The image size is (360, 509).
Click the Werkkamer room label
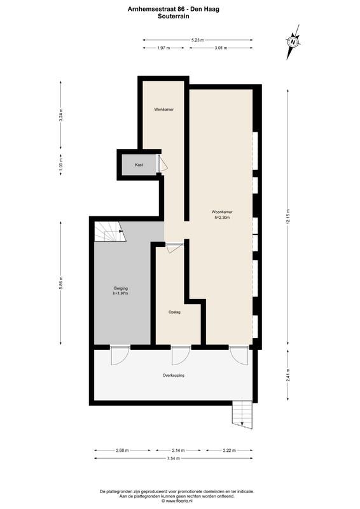pos(163,109)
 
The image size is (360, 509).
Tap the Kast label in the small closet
pos(139,165)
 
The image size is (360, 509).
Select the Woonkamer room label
pos(222,212)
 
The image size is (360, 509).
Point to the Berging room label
pos(121,288)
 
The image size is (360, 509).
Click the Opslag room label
pos(174,312)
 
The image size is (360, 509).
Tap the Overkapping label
pos(174,375)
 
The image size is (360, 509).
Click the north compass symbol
pos(293,42)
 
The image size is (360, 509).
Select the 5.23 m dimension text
pos(198,40)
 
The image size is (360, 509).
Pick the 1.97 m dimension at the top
pos(163,48)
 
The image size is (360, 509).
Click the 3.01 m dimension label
pos(221,48)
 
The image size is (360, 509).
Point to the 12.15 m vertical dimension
pos(288,217)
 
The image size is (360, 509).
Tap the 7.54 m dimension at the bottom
pos(174,458)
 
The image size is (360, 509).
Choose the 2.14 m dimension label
pos(178,450)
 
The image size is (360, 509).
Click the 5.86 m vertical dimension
pos(60,282)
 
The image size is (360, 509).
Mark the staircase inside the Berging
pos(110,232)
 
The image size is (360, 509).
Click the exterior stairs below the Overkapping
pos(242,415)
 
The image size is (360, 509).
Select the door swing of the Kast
pos(163,163)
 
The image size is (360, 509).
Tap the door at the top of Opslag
pos(174,248)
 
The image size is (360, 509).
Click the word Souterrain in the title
pos(174,16)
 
